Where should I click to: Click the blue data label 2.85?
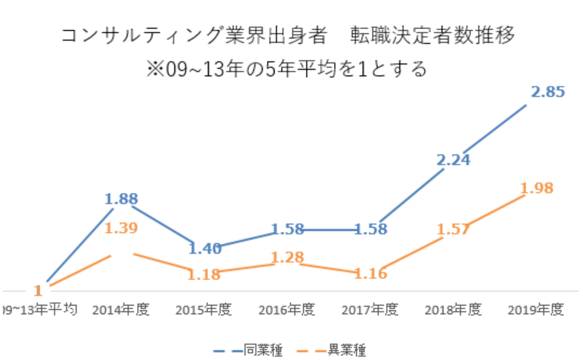[x=548, y=92]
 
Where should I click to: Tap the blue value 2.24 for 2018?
[x=453, y=160]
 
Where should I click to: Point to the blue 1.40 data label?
[x=205, y=248]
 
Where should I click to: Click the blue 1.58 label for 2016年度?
[x=287, y=229]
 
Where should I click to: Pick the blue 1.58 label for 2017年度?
[x=371, y=229]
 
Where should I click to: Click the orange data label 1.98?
[x=537, y=188]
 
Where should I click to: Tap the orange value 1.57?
[x=453, y=229]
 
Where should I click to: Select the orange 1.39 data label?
[x=121, y=228]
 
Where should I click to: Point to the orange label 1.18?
[x=204, y=274]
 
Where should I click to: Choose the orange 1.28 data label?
[x=287, y=257]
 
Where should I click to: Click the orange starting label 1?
[x=38, y=290]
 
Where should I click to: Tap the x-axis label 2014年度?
[x=121, y=310]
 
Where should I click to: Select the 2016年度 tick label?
[x=287, y=310]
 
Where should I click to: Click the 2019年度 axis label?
[x=536, y=310]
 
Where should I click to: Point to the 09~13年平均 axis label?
[x=39, y=310]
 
